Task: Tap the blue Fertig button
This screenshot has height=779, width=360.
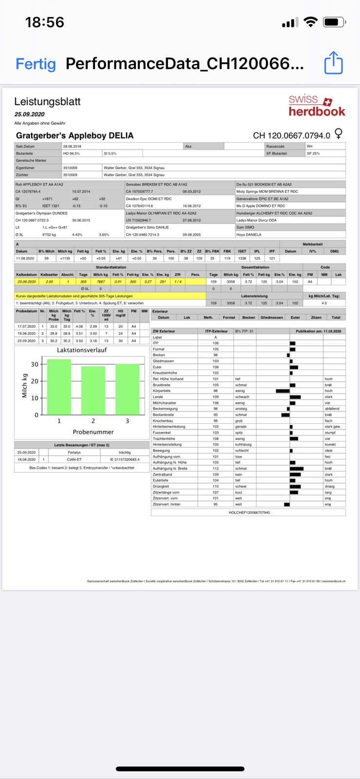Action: click(x=36, y=64)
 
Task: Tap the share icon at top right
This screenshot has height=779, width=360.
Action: click(x=334, y=63)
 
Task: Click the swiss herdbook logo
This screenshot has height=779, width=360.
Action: click(x=317, y=106)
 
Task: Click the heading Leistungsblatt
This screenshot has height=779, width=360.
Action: click(x=47, y=102)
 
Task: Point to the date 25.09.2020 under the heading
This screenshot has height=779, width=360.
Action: click(x=29, y=114)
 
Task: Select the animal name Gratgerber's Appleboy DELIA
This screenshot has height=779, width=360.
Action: click(x=75, y=135)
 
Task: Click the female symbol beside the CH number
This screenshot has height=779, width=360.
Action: click(x=339, y=133)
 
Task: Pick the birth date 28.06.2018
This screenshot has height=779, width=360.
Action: click(x=72, y=146)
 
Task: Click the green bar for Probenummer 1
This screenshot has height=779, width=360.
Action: click(x=59, y=387)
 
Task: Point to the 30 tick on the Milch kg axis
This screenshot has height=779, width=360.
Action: click(x=35, y=364)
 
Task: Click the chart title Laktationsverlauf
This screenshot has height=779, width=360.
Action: click(x=82, y=350)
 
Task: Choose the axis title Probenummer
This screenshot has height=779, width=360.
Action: click(x=93, y=432)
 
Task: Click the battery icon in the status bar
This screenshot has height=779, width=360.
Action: click(x=334, y=22)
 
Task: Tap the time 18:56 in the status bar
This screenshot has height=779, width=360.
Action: click(x=44, y=22)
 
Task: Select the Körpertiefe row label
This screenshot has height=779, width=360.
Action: click(x=161, y=391)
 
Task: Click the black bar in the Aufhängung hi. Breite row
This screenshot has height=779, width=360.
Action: click(x=296, y=468)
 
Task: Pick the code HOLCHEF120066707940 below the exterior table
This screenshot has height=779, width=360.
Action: click(x=249, y=513)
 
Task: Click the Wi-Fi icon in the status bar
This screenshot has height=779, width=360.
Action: click(x=310, y=22)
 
